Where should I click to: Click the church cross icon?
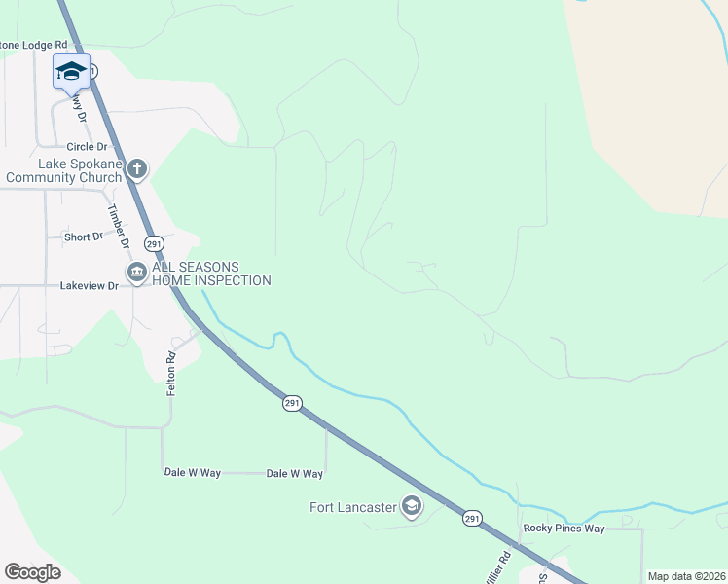click(x=137, y=170)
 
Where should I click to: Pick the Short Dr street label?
click(x=83, y=237)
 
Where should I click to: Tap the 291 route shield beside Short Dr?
click(x=154, y=242)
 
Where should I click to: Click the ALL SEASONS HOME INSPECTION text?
click(x=211, y=274)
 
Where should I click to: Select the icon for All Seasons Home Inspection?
click(x=137, y=273)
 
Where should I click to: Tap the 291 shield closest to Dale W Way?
click(x=293, y=403)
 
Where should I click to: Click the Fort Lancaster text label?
click(x=353, y=507)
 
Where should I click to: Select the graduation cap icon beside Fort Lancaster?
click(x=412, y=506)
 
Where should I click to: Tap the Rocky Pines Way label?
click(x=564, y=529)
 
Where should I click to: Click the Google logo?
click(x=32, y=572)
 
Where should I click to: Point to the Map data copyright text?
click(x=686, y=576)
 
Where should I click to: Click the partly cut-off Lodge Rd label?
click(x=34, y=45)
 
